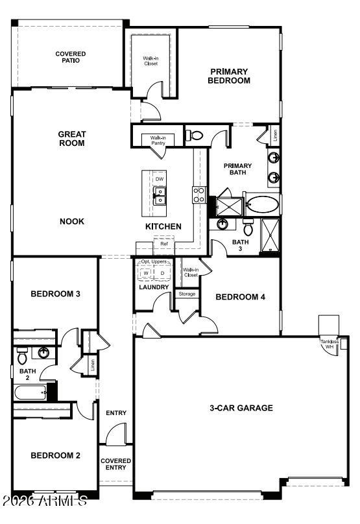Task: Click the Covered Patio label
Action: click(x=71, y=57)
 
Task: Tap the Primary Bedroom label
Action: click(x=229, y=76)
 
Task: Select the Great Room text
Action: click(x=72, y=139)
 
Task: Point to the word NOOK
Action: click(x=72, y=221)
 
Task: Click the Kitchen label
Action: click(x=163, y=226)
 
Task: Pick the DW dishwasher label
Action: click(x=160, y=178)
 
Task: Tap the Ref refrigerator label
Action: click(x=164, y=244)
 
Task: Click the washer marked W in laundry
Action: click(x=146, y=272)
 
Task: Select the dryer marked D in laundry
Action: click(x=162, y=272)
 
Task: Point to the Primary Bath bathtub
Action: click(x=262, y=206)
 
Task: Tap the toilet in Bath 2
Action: click(x=23, y=356)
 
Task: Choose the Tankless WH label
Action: click(x=329, y=344)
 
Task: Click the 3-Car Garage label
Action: click(x=241, y=408)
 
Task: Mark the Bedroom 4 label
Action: click(x=241, y=297)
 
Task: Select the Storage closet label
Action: click(x=187, y=294)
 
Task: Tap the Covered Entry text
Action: click(x=116, y=464)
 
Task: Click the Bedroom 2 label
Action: click(x=55, y=455)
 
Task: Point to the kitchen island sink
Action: click(x=159, y=196)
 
